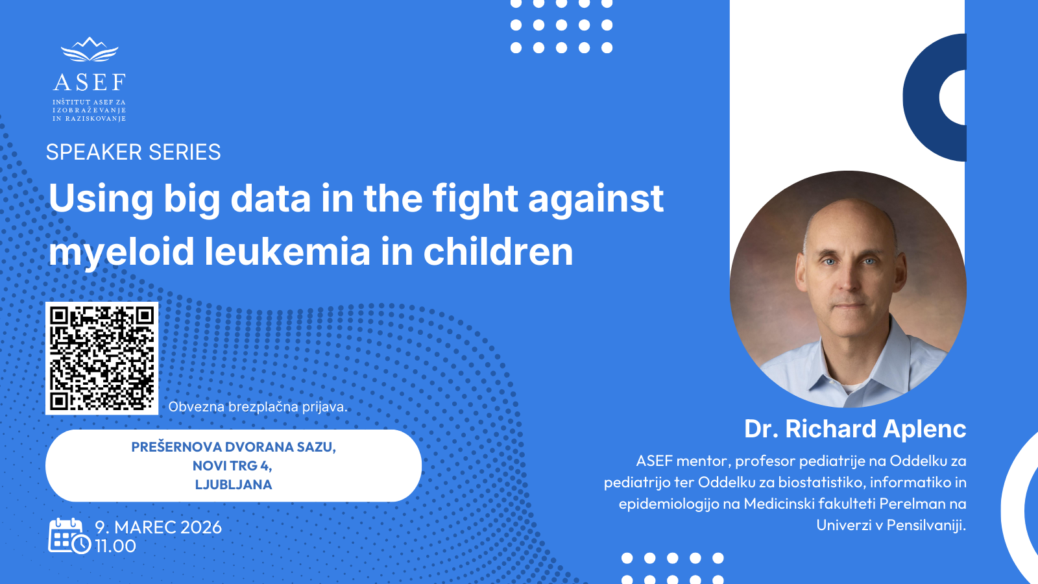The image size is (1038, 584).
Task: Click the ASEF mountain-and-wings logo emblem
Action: pyautogui.click(x=90, y=49)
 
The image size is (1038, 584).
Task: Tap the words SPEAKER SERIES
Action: pyautogui.click(x=134, y=152)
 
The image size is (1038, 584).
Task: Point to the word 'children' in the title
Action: pyautogui.click(x=498, y=252)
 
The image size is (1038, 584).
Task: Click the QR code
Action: pyautogui.click(x=102, y=358)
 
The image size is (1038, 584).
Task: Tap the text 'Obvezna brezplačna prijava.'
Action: pyautogui.click(x=258, y=407)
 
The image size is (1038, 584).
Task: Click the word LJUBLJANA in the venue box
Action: pyautogui.click(x=234, y=484)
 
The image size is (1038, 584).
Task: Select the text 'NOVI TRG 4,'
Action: pyautogui.click(x=233, y=465)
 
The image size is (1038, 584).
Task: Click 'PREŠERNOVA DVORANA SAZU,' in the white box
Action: pyautogui.click(x=234, y=447)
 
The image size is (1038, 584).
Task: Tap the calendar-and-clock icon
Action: pyautogui.click(x=69, y=536)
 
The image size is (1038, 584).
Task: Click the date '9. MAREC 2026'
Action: pyautogui.click(x=158, y=528)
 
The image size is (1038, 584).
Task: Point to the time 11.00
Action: pyautogui.click(x=115, y=546)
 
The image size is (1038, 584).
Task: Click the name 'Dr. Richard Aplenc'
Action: pyautogui.click(x=855, y=429)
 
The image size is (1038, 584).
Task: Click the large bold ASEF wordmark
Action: pyautogui.click(x=90, y=82)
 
